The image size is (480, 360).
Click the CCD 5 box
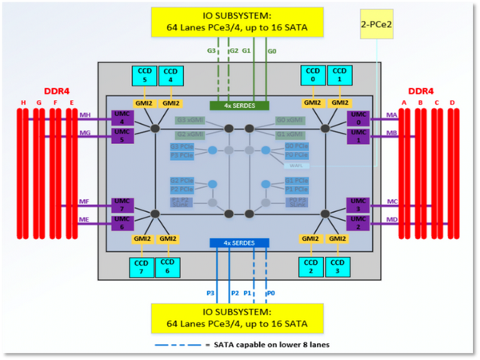[x=145, y=75]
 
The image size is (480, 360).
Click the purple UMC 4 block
[x=122, y=118]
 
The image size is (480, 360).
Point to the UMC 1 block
[x=358, y=134]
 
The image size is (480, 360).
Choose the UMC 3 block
[x=358, y=205]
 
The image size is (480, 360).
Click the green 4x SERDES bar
[x=239, y=105]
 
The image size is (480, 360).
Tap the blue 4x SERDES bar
[x=239, y=242]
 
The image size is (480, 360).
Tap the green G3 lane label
[x=212, y=51]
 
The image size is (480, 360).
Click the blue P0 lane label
[x=270, y=293]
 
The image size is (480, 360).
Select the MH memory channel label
[x=85, y=115]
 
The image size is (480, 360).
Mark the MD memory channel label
[x=392, y=219]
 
